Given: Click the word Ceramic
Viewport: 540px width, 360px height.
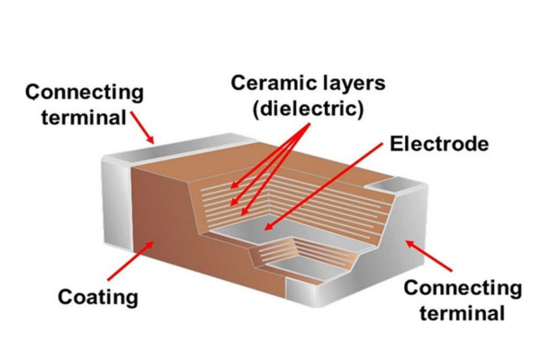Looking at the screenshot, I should pos(266,83).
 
